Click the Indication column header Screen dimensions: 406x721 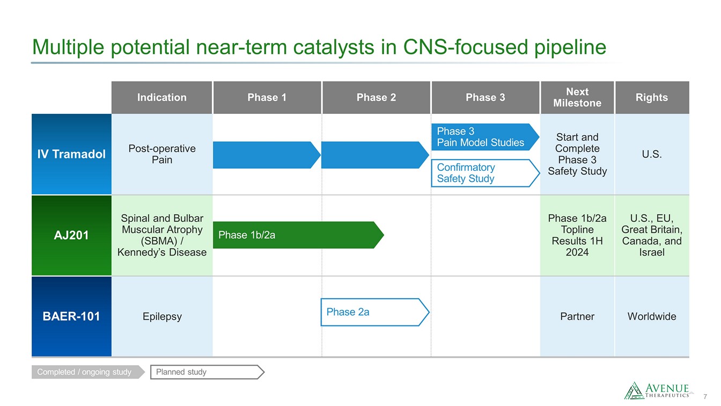pos(161,98)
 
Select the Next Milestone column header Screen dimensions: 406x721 pos(577,98)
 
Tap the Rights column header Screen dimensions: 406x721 pos(652,98)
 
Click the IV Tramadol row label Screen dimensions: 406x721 pos(71,154)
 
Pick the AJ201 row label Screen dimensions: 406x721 pos(71,235)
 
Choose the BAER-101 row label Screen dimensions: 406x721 pos(71,316)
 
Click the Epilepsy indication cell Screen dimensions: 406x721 pos(162,316)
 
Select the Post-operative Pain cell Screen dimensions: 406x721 pos(162,154)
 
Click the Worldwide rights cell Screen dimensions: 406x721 pos(652,316)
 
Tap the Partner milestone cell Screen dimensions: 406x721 pos(577,316)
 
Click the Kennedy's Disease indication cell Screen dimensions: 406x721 pos(162,235)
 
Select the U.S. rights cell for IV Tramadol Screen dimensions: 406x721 pos(652,154)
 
